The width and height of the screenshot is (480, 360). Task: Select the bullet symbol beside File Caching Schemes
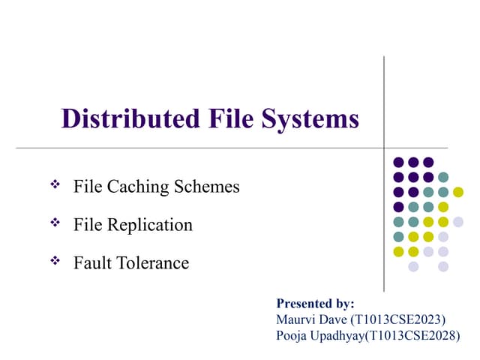click(x=54, y=184)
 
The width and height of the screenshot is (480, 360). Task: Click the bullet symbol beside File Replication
click(x=54, y=223)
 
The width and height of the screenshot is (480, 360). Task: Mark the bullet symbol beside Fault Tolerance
click(x=54, y=261)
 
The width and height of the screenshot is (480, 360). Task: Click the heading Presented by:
click(x=315, y=304)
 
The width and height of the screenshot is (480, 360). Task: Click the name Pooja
click(x=292, y=335)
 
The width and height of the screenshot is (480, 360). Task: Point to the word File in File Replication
click(x=88, y=225)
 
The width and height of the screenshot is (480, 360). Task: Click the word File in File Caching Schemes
click(x=88, y=187)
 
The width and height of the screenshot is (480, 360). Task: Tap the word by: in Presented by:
click(x=343, y=304)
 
